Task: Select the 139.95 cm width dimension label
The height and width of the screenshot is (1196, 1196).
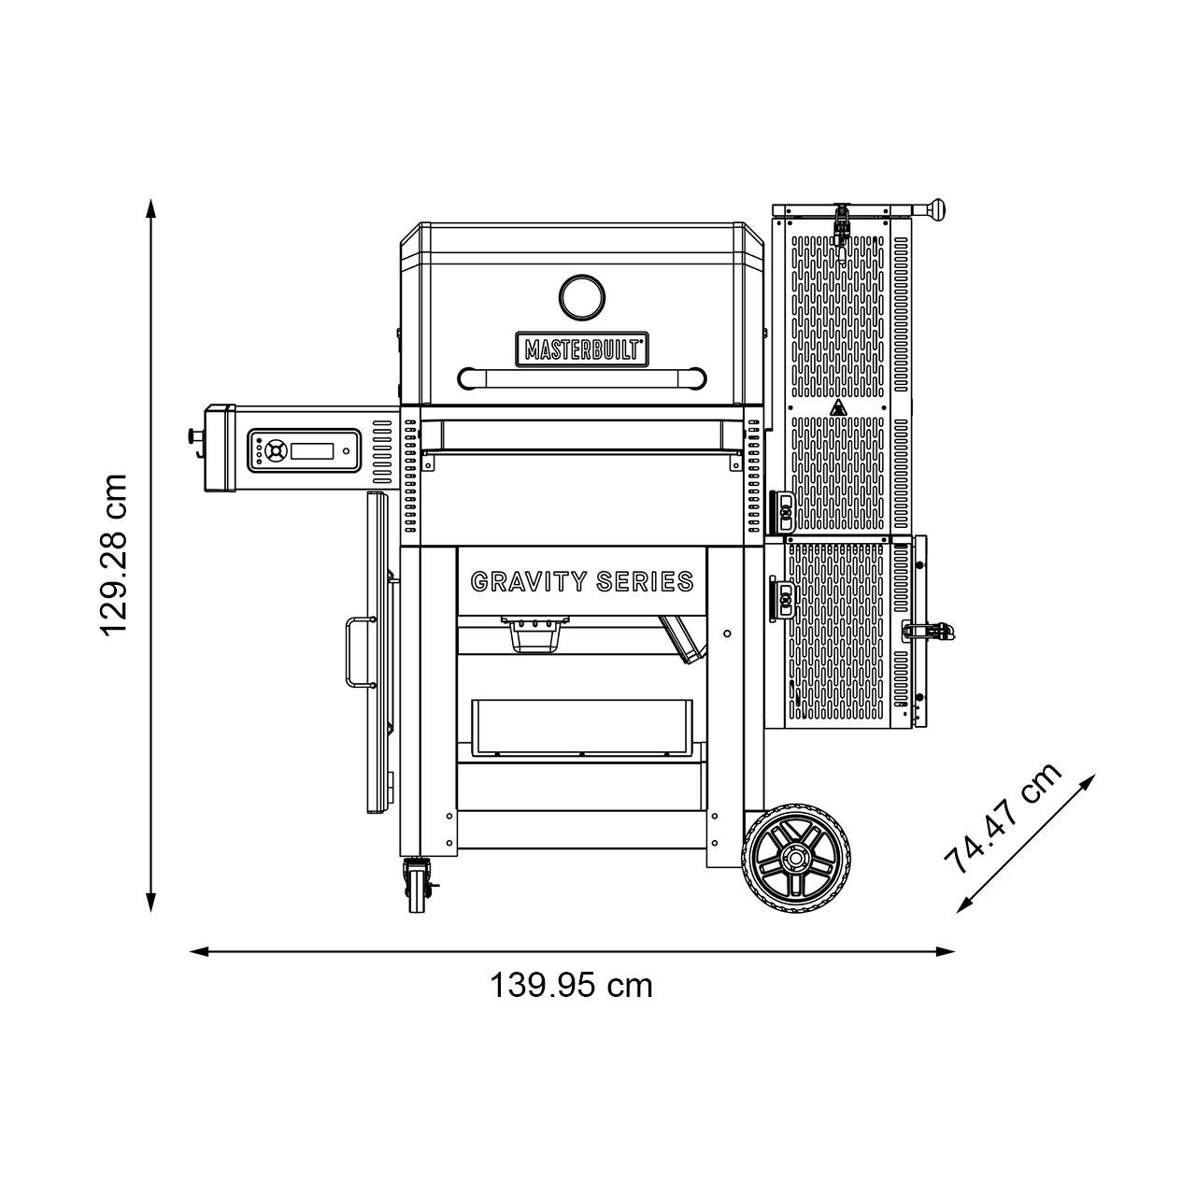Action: pos(571,985)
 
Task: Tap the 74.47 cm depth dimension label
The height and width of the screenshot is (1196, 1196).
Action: pos(1003,818)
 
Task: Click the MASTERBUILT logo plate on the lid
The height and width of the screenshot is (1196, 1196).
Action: pos(580,348)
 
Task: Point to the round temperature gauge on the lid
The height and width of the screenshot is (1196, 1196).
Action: pos(581,296)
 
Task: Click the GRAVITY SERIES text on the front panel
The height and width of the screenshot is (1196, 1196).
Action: pos(582,582)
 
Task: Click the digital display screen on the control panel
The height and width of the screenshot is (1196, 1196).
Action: pos(311,451)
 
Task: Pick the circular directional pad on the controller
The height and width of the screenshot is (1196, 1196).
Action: pos(274,450)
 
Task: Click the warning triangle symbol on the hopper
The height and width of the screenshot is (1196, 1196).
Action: pos(838,407)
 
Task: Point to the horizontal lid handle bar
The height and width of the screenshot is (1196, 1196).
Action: pos(581,377)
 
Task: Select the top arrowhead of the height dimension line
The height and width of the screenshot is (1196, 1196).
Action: pos(150,207)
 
